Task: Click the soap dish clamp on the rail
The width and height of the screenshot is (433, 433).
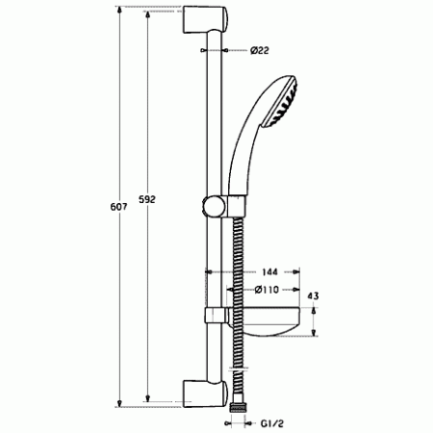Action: coord(213,317)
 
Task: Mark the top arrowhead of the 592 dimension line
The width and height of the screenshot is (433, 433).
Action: coord(146,17)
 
